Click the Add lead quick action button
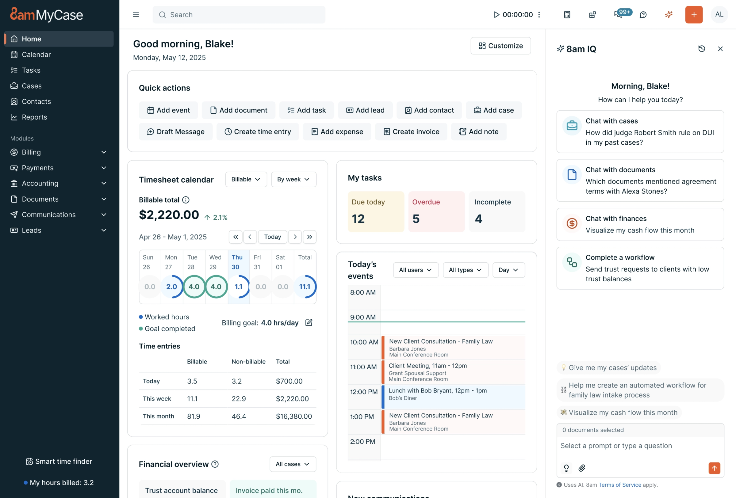(x=365, y=110)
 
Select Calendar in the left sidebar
(x=36, y=55)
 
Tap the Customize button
(x=500, y=46)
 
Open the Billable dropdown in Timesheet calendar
(x=246, y=179)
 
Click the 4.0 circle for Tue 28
(x=194, y=287)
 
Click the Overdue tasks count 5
(x=416, y=219)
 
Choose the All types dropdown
(x=465, y=270)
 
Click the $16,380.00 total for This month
(x=293, y=416)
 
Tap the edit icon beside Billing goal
(x=309, y=323)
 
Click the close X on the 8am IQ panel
(x=720, y=49)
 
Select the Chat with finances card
(x=640, y=224)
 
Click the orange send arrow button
(x=714, y=468)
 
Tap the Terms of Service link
(x=619, y=485)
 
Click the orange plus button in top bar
(x=694, y=14)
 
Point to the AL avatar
(x=719, y=14)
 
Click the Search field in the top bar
(x=239, y=14)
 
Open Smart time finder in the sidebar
(x=59, y=461)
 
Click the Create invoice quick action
(x=411, y=131)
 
